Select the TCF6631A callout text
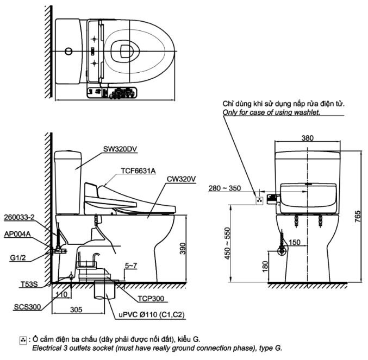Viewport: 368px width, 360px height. [138, 170]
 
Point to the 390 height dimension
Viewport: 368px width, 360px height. [183, 248]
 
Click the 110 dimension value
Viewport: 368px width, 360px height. [61, 295]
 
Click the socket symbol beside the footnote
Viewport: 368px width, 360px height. [23, 339]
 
